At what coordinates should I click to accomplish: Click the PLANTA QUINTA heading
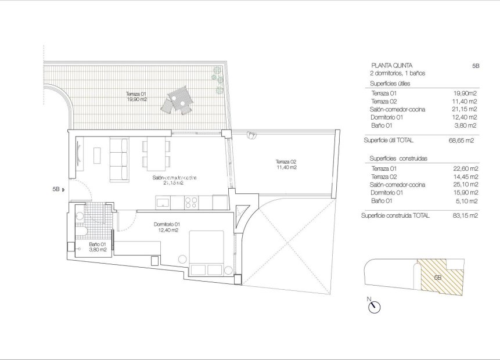390,66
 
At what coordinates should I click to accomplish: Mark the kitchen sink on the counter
162,202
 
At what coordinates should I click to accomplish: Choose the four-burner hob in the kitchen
191,203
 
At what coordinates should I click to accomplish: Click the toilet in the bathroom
81,234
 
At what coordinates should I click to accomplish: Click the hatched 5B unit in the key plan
441,277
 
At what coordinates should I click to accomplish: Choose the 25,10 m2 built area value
466,185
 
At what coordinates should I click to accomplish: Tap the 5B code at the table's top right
476,66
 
